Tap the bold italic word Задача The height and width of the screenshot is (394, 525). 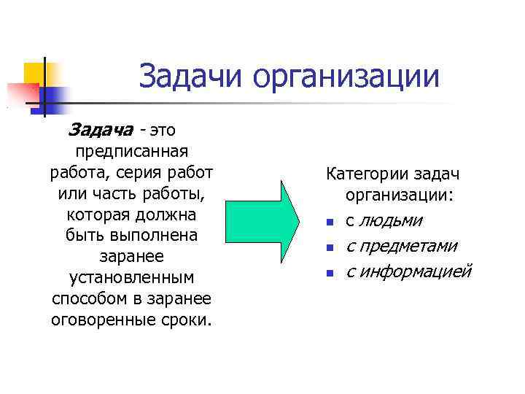point(100,130)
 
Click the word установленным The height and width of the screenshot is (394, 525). point(132,279)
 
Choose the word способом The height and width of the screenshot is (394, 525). point(89,300)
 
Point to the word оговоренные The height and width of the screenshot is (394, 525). point(104,321)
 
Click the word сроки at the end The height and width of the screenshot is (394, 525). point(188,321)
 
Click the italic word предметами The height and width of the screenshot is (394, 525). point(412,246)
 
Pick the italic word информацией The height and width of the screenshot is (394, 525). point(417,271)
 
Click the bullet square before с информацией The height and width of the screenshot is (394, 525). point(330,274)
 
